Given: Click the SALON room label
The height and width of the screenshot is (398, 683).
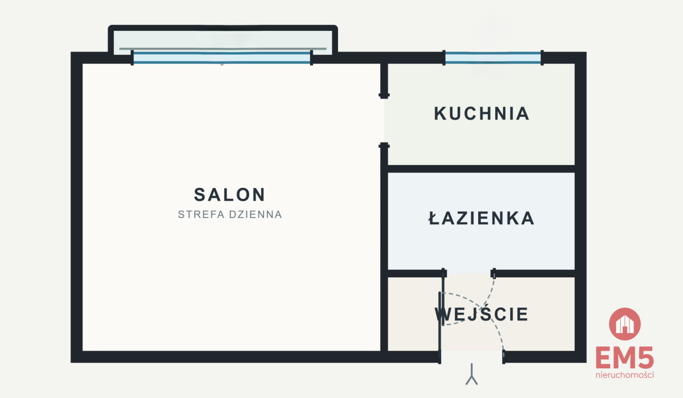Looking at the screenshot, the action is (x=229, y=195).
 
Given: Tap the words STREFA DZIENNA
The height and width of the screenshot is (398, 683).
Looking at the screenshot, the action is (x=230, y=215).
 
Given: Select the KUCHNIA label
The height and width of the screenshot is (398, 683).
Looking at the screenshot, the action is (x=482, y=113).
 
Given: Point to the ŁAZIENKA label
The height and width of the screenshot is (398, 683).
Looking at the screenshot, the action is (x=482, y=218).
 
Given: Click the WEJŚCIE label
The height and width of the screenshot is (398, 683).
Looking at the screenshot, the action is (x=482, y=314).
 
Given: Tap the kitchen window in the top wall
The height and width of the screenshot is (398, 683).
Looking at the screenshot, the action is (x=493, y=58).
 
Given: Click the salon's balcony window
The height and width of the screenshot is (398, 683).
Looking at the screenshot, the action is (x=221, y=58).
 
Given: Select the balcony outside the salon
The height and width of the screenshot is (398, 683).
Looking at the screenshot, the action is (x=223, y=41).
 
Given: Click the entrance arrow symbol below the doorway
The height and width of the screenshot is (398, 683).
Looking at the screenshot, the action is (x=472, y=374).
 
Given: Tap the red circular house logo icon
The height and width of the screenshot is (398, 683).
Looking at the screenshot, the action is (x=625, y=324).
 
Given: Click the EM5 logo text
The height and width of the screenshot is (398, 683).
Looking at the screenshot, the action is (x=625, y=358).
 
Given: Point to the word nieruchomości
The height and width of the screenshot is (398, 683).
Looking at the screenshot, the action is (x=625, y=375).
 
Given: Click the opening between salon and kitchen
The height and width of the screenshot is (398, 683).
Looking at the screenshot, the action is (x=384, y=121).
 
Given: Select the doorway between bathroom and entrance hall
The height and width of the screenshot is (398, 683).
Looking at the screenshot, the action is (x=468, y=273).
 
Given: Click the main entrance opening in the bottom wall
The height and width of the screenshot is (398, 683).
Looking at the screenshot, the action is (x=472, y=356).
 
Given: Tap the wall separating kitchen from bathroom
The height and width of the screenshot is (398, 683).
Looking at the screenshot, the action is (x=482, y=169).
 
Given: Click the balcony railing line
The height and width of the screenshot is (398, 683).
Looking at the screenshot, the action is (x=223, y=48).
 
